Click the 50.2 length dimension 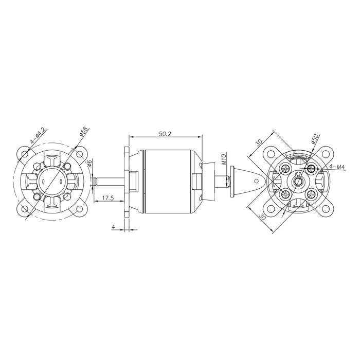pos(165,134)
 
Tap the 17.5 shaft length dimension pos(108,199)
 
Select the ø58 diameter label pos(83,132)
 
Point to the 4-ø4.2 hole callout pos(37,136)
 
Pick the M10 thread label pos(224,159)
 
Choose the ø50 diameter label pos(315,139)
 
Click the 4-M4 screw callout pos(337,167)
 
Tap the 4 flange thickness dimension pos(113,227)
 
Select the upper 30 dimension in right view pos(259,142)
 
